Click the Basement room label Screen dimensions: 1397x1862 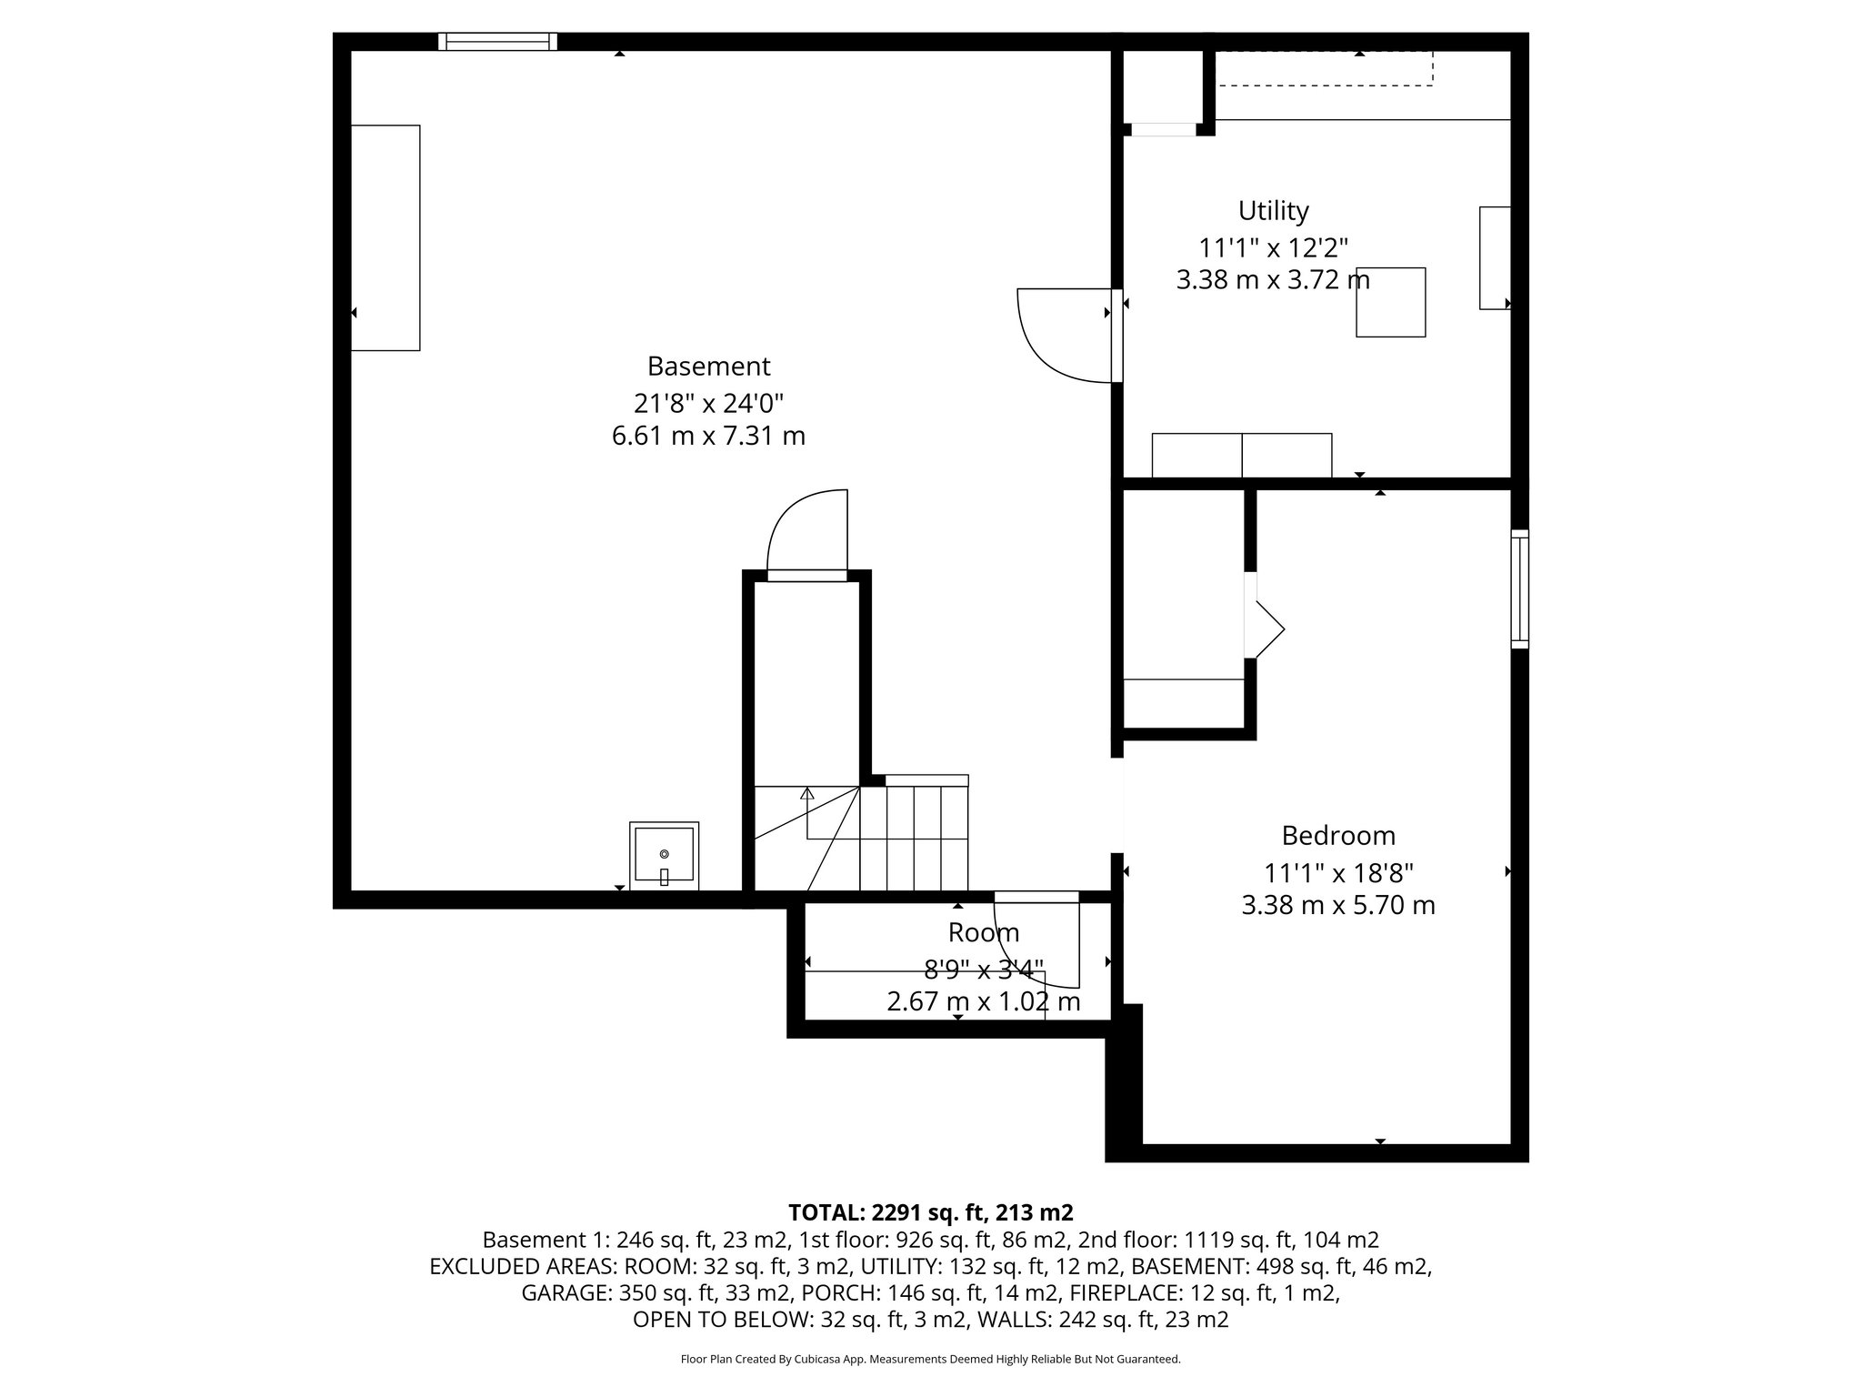point(708,367)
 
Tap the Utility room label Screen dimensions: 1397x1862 point(1273,211)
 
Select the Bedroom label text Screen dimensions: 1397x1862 point(1337,836)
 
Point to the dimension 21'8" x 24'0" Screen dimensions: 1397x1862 point(708,402)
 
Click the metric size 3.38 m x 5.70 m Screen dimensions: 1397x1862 point(1337,906)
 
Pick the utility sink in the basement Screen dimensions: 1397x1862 point(665,855)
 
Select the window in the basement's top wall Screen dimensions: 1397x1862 point(497,42)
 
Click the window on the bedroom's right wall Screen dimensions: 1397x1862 point(1519,588)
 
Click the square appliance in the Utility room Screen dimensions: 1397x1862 point(1390,303)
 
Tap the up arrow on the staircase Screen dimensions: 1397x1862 point(806,793)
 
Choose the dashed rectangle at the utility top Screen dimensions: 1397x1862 point(1325,69)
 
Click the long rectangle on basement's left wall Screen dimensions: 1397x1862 point(385,237)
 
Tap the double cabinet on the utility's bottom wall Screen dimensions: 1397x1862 point(1241,456)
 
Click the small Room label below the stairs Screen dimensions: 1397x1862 point(983,933)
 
